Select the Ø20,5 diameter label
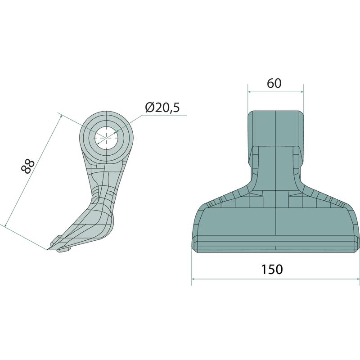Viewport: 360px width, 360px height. [x=162, y=107]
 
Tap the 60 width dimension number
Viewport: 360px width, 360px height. [x=274, y=83]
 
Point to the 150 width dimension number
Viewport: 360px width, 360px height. [x=272, y=270]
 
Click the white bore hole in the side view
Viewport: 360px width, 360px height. [x=106, y=138]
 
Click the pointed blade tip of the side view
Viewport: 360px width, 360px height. [x=48, y=250]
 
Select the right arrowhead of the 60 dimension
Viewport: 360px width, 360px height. [x=301, y=92]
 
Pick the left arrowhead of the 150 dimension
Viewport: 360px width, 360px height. [x=194, y=279]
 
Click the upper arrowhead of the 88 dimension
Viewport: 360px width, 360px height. [x=60, y=117]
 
